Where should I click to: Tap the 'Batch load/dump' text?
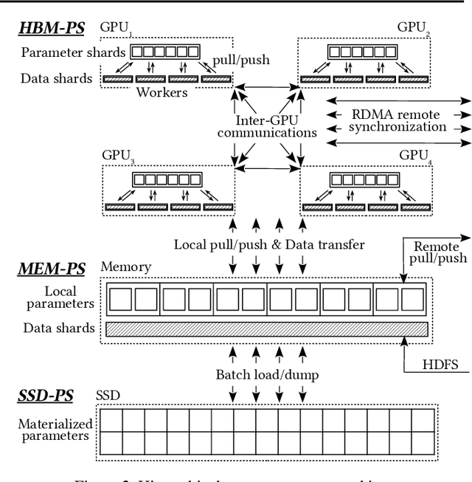point(267,374)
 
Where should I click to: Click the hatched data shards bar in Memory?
point(266,328)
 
